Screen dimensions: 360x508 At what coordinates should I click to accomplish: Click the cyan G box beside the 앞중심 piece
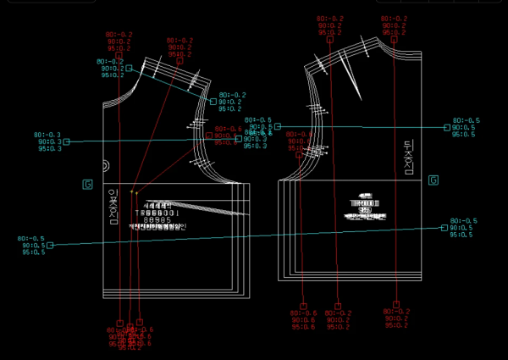(87, 184)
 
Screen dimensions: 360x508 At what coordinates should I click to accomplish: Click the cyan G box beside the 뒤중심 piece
(433, 180)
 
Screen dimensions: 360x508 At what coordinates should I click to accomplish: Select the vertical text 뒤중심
(408, 158)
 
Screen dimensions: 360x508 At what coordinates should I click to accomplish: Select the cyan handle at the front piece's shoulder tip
(211, 101)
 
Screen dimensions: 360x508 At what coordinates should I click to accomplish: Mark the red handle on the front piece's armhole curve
(209, 135)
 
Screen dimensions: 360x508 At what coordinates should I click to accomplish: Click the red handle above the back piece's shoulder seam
(329, 38)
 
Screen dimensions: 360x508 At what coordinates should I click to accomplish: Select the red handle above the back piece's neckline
(394, 38)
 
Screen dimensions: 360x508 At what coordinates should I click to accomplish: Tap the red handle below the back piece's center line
(395, 304)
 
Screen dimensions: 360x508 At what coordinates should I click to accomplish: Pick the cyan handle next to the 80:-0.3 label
(66, 141)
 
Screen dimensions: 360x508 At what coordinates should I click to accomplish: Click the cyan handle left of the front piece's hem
(50, 245)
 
